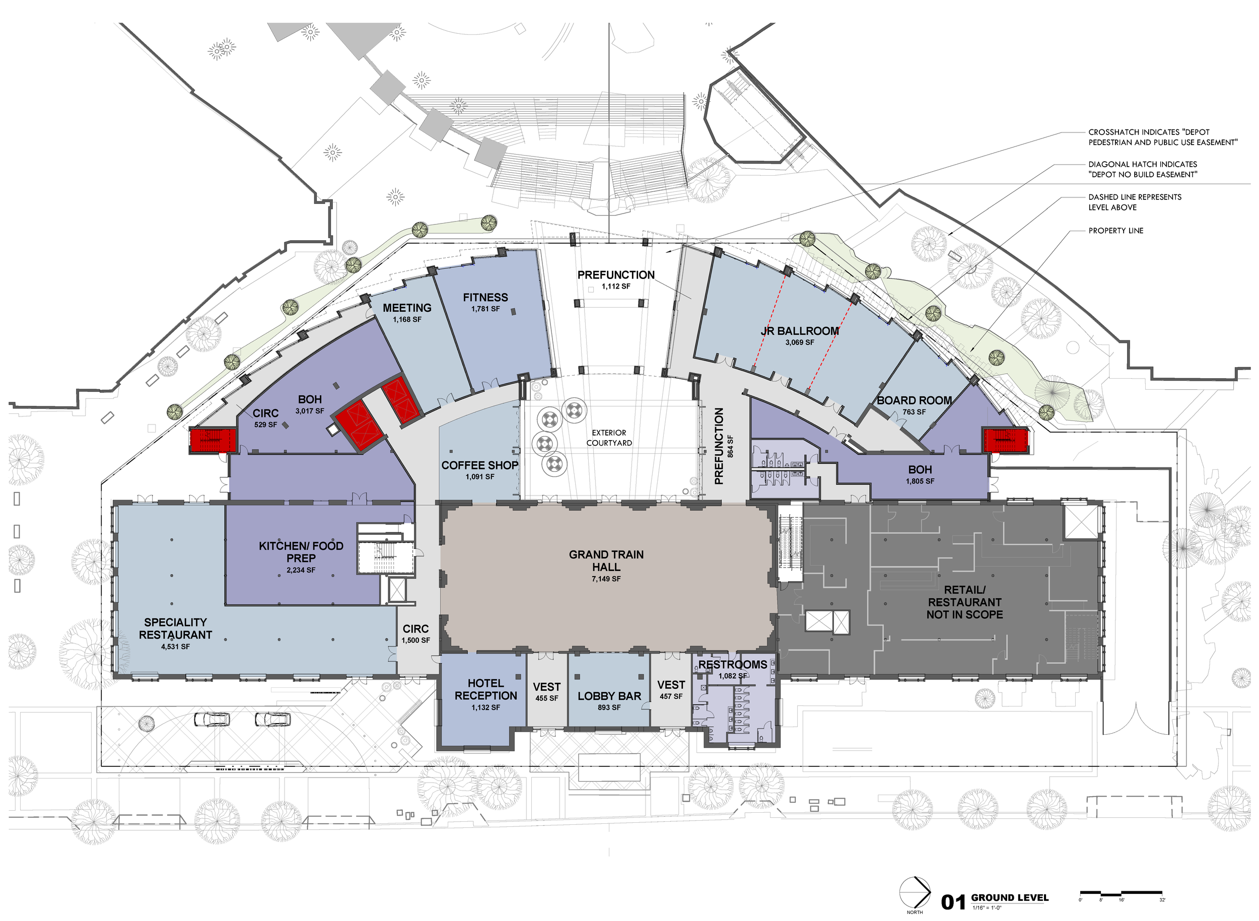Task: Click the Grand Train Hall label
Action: click(606, 560)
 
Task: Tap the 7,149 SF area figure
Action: click(606, 579)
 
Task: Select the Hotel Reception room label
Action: click(485, 689)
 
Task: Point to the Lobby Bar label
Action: click(609, 696)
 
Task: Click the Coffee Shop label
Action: click(479, 465)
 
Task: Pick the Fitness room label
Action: click(485, 297)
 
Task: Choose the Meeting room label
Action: click(407, 308)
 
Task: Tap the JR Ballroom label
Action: click(800, 331)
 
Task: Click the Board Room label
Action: click(914, 400)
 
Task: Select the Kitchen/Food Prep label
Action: click(301, 551)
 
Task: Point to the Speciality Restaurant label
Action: click(175, 628)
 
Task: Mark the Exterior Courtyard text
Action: click(609, 438)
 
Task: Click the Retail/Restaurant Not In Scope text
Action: click(964, 602)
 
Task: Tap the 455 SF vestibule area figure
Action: click(546, 698)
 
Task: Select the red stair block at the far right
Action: click(1005, 441)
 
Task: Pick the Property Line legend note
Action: click(1115, 230)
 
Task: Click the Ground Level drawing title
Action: click(1009, 897)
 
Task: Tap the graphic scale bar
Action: click(1121, 893)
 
